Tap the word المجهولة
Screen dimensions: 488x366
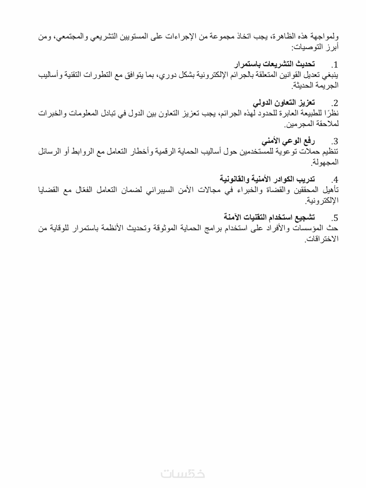coord(325,162)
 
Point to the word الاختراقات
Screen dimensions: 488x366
coord(322,239)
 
